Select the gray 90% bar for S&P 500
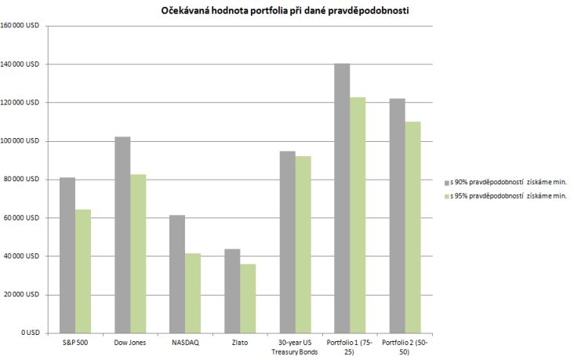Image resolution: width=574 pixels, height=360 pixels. (x=67, y=255)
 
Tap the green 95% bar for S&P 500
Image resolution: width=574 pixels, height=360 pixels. (x=83, y=271)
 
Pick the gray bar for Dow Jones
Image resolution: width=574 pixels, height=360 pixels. (x=122, y=235)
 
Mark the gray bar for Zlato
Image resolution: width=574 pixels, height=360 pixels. (x=232, y=291)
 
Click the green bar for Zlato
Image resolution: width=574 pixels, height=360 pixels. (x=248, y=298)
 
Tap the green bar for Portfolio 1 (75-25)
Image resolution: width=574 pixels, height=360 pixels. (x=358, y=215)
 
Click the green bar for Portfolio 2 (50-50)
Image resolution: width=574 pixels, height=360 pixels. (x=412, y=227)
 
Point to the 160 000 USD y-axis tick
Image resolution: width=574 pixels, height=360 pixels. (x=23, y=26)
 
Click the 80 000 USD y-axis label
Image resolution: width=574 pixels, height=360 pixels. (x=24, y=180)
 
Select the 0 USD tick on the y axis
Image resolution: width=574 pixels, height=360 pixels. (x=31, y=333)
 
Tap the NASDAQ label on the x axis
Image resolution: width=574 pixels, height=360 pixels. (x=185, y=343)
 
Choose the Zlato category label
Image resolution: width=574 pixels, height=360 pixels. (x=240, y=343)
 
